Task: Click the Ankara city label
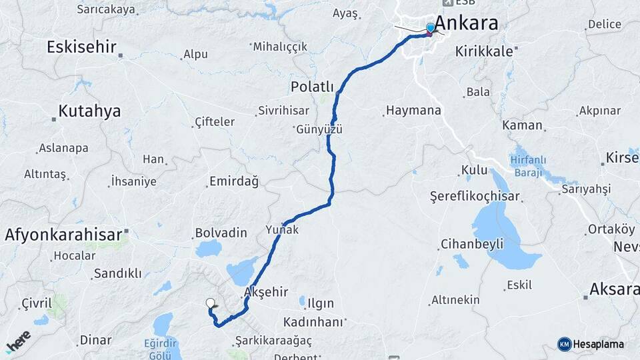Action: (466, 23)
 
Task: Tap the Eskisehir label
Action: (82, 47)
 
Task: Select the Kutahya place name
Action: (89, 111)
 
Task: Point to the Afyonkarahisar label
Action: (63, 234)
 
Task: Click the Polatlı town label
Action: (312, 87)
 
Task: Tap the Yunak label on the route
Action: (282, 229)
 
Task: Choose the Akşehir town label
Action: (266, 292)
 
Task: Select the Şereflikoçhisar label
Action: (475, 197)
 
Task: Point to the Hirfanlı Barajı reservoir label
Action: (528, 165)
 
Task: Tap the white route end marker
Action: (211, 303)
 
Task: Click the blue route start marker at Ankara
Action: (431, 28)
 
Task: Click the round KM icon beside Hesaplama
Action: (564, 344)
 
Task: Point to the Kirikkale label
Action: (484, 51)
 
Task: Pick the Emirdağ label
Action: (234, 181)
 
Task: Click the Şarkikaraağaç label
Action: (273, 341)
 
